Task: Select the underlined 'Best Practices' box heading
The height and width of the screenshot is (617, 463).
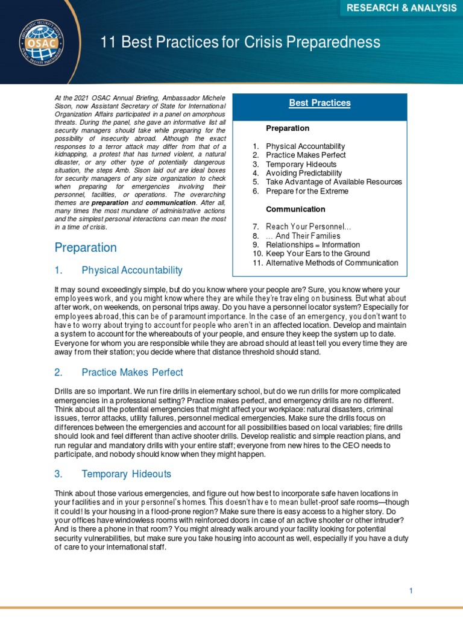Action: (x=320, y=103)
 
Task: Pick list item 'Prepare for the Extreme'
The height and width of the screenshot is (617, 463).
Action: (x=307, y=191)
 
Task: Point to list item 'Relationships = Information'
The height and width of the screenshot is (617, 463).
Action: (x=312, y=245)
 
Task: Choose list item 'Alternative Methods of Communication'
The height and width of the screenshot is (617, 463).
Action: (x=332, y=263)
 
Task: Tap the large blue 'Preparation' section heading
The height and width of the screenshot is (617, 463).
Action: (x=86, y=248)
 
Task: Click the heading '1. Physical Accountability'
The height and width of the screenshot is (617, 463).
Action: (x=118, y=270)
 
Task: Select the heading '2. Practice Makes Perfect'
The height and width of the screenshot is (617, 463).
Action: (x=119, y=372)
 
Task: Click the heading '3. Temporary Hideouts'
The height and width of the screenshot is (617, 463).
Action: (x=113, y=474)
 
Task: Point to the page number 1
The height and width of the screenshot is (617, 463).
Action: (x=411, y=574)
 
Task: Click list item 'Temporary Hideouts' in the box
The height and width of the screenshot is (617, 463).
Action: (x=301, y=164)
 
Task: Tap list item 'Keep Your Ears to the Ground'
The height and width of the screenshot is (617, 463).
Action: (x=318, y=254)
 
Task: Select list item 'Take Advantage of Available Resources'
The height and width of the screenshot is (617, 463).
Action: (x=333, y=182)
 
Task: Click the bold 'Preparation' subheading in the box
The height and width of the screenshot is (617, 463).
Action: (x=288, y=128)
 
